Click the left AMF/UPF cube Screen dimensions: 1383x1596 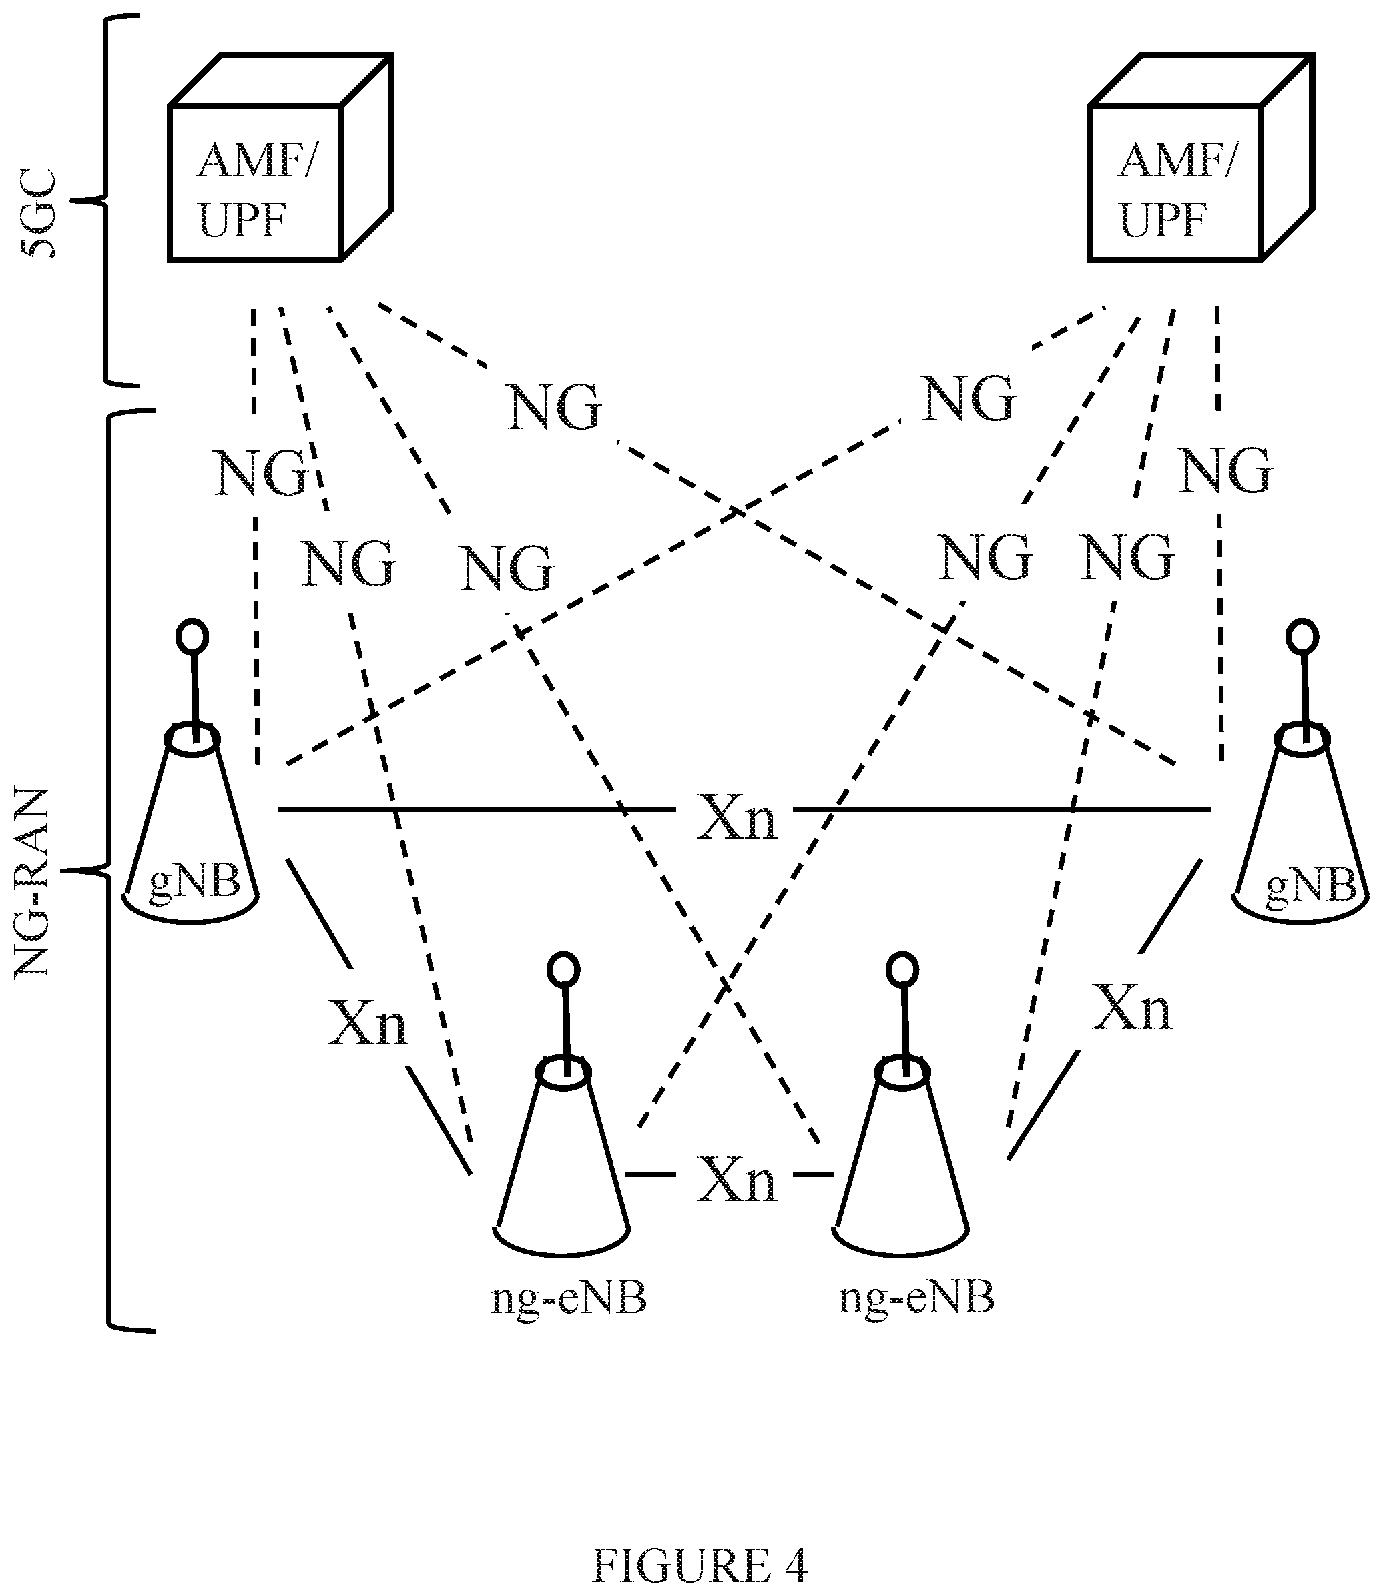pos(280,157)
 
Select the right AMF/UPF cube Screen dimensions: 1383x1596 pos(1201,157)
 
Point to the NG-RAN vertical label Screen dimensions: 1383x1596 pos(33,884)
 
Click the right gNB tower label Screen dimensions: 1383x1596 pos(1310,885)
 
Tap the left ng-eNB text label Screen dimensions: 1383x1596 pos(569,1298)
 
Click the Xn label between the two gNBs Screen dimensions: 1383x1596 pos(736,817)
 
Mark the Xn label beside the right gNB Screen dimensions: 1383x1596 pos(1131,1008)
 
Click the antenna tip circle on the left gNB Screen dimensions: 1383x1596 pos(192,637)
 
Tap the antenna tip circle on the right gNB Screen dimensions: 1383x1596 pos(1302,637)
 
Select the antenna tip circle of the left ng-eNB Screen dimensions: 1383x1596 pos(563,970)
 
